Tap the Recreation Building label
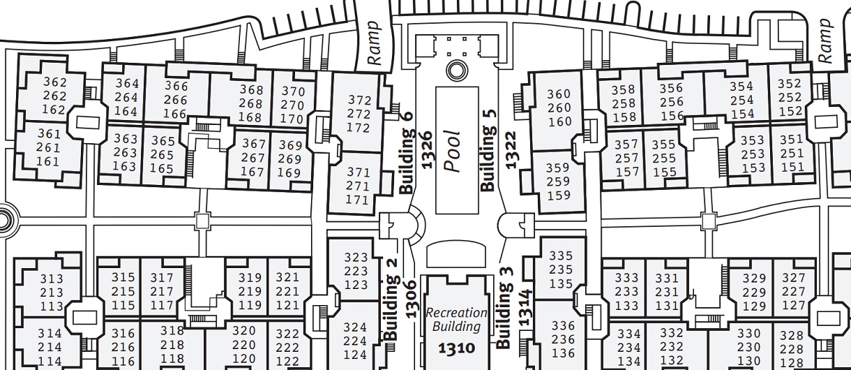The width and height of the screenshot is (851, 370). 457,320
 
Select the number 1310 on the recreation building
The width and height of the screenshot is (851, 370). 456,348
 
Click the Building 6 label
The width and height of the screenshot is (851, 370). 407,153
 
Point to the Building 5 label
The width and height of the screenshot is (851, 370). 488,149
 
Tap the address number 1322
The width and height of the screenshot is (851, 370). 512,149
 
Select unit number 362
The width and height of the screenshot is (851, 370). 54,82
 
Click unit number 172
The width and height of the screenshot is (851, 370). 359,128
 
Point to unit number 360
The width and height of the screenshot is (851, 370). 559,94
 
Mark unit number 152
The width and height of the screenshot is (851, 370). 790,112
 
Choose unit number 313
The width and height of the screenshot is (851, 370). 52,279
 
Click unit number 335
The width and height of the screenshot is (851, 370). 561,256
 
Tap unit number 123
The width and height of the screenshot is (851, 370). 356,285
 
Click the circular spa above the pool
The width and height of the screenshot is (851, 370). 456,69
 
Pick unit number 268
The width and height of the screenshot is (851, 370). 251,103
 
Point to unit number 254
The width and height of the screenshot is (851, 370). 741,101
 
